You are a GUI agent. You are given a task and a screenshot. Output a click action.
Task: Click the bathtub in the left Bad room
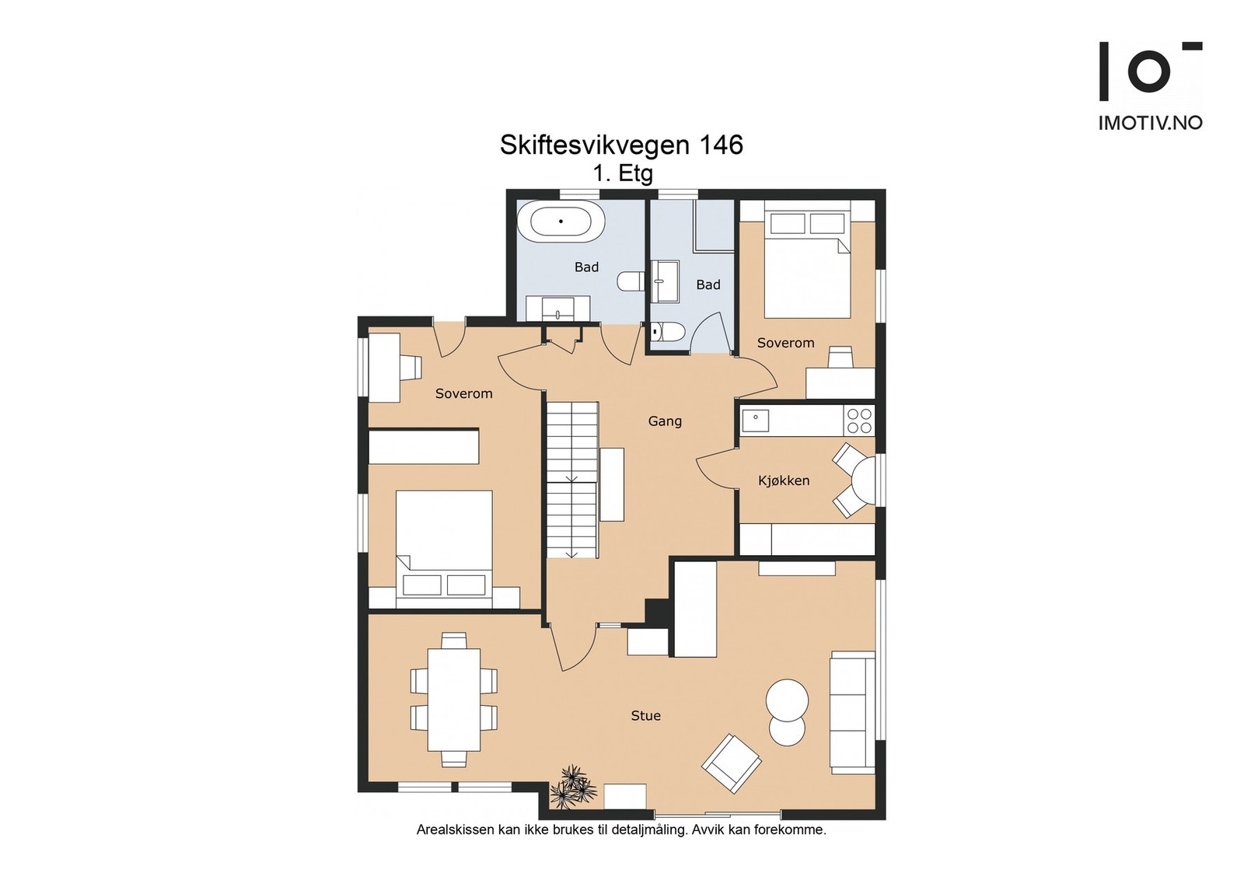pos(567,222)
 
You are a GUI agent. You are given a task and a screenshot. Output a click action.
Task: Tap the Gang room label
pos(665,421)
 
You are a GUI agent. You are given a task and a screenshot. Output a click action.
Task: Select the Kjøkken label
pos(784,481)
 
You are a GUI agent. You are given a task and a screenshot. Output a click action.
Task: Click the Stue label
pos(645,716)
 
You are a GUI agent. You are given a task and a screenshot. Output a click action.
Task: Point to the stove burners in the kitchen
pos(859,421)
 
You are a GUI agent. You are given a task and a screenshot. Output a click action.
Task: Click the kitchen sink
pos(755,421)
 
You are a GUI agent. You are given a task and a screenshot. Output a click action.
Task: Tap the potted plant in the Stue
pos(572,787)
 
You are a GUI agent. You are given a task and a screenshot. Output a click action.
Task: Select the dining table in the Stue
pos(453,699)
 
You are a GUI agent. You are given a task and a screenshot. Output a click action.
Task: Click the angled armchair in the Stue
pos(732,763)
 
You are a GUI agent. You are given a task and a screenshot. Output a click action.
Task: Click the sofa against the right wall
pos(852,712)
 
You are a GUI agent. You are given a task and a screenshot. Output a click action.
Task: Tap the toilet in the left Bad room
pos(630,281)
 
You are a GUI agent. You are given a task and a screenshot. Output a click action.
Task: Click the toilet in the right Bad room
pos(668,333)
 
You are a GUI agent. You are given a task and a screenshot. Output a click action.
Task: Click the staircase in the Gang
pos(571,479)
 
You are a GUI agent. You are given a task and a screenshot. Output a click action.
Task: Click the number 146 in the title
pos(721,145)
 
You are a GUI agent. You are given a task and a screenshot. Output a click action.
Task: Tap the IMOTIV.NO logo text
pos(1150,123)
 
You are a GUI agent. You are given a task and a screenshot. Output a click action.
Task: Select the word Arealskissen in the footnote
pos(455,829)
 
